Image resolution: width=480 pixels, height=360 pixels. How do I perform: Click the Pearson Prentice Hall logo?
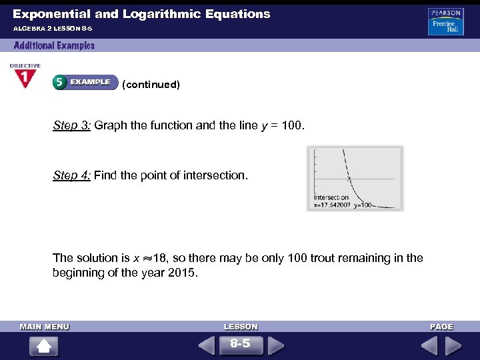click(x=446, y=22)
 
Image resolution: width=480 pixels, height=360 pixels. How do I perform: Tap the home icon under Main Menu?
click(x=44, y=346)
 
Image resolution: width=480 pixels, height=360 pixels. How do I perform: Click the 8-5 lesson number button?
click(x=240, y=344)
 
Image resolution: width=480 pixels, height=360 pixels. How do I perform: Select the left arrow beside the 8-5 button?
click(x=207, y=345)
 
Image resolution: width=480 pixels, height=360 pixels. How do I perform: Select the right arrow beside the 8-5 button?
click(x=275, y=345)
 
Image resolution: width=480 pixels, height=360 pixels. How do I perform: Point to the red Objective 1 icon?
click(x=25, y=76)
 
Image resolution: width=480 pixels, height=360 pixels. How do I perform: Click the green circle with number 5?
click(x=59, y=82)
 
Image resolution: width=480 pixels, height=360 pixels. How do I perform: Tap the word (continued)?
click(x=151, y=85)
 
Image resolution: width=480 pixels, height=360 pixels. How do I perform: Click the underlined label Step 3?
click(x=72, y=125)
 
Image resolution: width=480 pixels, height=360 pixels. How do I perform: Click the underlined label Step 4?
click(x=72, y=175)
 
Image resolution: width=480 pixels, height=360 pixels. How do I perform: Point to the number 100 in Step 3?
click(x=292, y=125)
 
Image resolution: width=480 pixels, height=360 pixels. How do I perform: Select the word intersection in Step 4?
click(x=215, y=175)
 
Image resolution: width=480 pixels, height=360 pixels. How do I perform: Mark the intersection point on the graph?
click(x=349, y=179)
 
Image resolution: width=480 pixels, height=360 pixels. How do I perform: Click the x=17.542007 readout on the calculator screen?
click(x=331, y=205)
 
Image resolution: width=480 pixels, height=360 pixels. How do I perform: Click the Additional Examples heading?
click(x=54, y=45)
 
